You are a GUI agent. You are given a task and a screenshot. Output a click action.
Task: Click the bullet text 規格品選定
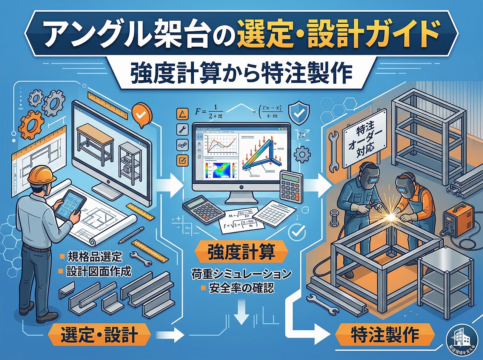pos(95,257)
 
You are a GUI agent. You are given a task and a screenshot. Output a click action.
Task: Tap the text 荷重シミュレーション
pos(241,274)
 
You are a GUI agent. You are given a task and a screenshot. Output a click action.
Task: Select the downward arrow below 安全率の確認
pos(241,313)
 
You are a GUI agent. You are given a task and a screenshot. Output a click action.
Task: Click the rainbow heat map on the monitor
pos(218,170)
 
